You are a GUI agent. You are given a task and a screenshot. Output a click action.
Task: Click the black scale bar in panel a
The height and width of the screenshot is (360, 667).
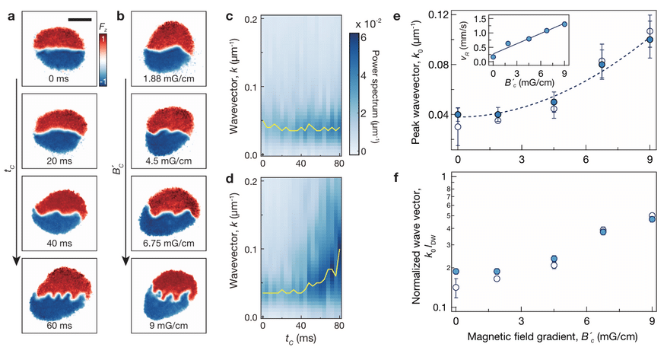[80, 19]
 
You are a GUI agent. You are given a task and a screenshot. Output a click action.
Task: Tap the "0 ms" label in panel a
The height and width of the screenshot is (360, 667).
[59, 78]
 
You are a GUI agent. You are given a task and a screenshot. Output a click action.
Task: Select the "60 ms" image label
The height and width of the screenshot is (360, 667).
[59, 326]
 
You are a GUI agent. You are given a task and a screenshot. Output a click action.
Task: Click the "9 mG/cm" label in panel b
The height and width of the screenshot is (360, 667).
[169, 326]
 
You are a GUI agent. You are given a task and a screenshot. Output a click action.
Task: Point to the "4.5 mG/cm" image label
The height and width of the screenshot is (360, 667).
[169, 161]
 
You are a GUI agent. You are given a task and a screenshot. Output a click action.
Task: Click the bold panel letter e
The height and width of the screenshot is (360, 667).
[397, 17]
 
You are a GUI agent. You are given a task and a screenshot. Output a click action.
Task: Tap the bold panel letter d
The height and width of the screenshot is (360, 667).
[230, 178]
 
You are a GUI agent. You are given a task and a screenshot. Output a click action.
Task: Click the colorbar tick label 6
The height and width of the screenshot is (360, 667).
[364, 38]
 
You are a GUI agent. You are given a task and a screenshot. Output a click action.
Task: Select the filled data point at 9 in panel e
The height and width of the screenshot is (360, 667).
[650, 40]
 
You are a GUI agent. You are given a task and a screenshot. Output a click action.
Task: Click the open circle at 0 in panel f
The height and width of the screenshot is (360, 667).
[456, 288]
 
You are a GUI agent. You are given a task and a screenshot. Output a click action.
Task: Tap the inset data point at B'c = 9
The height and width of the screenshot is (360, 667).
[564, 24]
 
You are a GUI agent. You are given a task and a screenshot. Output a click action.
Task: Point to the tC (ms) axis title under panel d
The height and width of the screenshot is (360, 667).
[300, 339]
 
